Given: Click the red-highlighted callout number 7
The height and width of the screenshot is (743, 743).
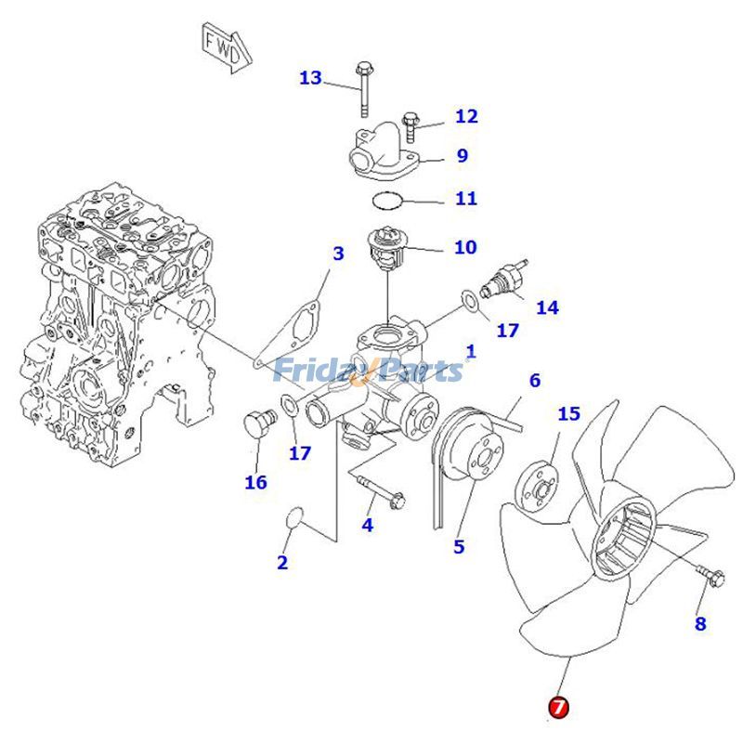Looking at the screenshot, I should coord(558,707).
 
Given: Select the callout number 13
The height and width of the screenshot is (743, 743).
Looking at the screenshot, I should coord(310,78).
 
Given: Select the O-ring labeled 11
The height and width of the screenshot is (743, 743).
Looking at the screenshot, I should coord(387,200).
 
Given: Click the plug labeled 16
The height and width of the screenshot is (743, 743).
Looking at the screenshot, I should coord(257,427).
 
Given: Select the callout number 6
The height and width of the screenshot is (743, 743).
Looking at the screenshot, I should coord(534,381).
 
